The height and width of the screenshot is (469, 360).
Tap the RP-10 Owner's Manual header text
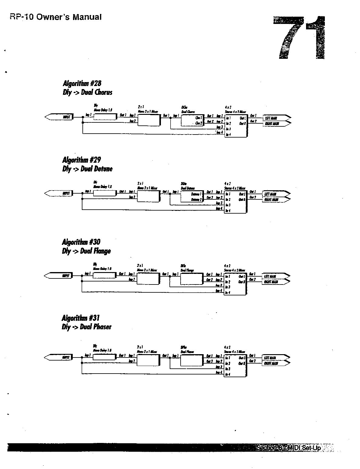56,17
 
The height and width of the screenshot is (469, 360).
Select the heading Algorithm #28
82,83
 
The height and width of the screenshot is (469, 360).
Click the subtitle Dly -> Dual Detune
87,169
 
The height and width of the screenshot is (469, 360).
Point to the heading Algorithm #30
81,242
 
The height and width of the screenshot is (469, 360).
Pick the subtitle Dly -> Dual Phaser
87,327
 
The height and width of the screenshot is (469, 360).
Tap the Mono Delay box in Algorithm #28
105,117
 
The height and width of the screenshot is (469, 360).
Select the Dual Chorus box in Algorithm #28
192,120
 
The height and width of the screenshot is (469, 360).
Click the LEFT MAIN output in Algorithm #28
274,118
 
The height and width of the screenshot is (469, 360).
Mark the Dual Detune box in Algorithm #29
192,196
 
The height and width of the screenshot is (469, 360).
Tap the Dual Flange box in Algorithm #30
192,278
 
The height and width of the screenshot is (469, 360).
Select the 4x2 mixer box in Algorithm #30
235,284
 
